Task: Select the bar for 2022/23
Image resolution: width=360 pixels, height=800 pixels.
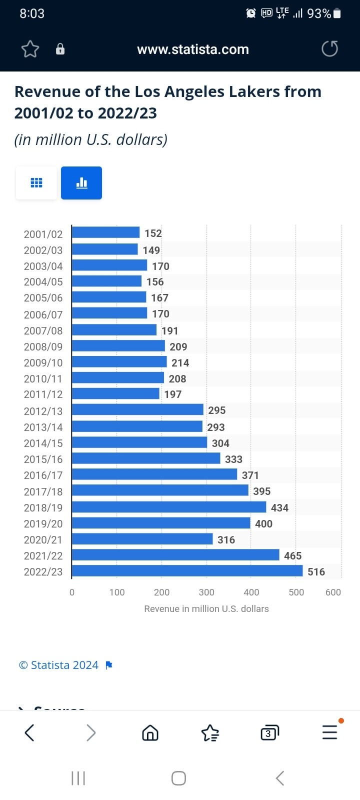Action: (x=187, y=571)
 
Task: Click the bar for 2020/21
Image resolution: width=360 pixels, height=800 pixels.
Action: (x=142, y=539)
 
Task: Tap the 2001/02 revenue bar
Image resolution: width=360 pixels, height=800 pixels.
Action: (x=105, y=232)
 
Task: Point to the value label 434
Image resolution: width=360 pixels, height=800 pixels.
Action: (x=279, y=507)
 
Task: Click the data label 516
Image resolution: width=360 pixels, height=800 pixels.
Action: (x=316, y=571)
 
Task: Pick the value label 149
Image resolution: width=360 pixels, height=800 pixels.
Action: (x=151, y=250)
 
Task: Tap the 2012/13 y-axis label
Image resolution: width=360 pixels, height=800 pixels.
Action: (x=43, y=411)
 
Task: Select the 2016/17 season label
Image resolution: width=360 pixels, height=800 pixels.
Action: (x=43, y=475)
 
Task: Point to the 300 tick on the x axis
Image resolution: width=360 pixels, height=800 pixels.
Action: (x=206, y=592)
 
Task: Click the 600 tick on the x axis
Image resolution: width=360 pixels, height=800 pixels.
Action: (x=333, y=592)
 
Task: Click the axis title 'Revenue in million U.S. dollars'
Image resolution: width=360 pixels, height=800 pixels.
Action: (x=206, y=608)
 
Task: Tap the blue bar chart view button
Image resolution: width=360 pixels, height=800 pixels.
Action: (x=81, y=183)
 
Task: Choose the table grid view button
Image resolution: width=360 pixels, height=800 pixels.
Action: (x=36, y=183)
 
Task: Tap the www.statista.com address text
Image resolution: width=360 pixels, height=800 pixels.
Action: (x=193, y=49)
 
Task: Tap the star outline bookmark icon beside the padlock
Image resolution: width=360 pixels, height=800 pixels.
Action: (x=30, y=49)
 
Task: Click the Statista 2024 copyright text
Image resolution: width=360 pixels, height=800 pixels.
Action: (x=59, y=665)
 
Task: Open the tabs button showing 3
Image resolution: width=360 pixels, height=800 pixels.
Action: (x=269, y=733)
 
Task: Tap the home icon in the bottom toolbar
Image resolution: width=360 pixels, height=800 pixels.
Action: (x=150, y=733)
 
